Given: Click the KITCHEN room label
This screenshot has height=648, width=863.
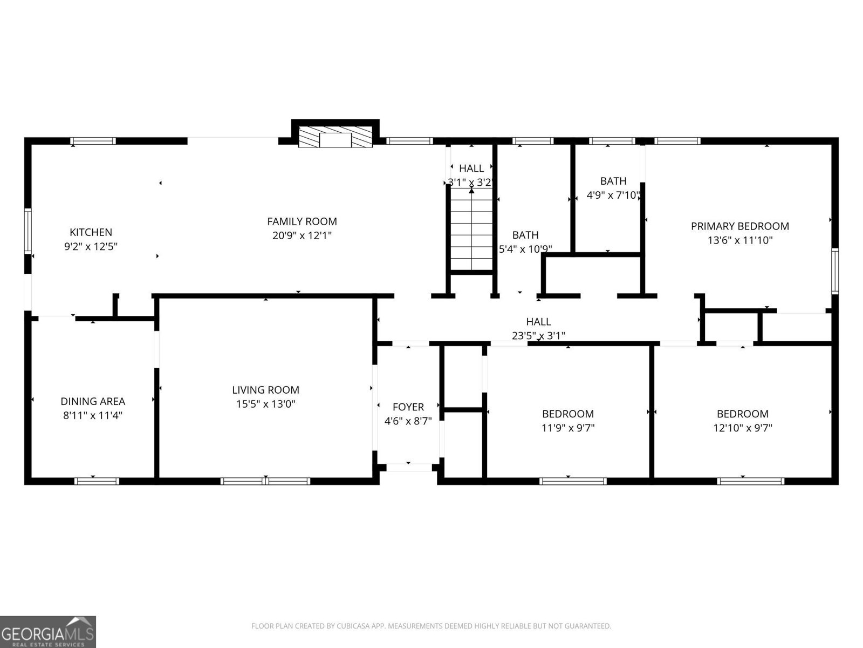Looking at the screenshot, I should pos(91,232).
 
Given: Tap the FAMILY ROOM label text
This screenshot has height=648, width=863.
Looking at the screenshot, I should pos(302,221).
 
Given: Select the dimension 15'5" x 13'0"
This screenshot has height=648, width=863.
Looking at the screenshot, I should pos(265,404).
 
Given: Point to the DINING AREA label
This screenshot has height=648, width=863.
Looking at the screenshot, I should pos(93,401).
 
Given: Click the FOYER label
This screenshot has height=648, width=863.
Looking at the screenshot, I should pos(408,407).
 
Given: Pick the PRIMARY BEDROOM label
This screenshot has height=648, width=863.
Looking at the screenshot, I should pos(740,226).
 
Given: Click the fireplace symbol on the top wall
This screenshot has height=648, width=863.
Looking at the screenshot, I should pos(335,138).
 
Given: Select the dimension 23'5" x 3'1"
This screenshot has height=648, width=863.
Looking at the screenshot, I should pos(538,336).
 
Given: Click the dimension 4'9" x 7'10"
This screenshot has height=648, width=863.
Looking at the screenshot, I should pos(613,195).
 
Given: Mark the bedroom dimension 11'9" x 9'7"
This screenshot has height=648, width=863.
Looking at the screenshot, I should pos(568,428).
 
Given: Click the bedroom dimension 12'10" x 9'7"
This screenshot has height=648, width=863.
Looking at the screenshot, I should pos(743,428).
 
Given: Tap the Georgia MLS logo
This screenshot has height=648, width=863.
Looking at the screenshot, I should pos(48,631).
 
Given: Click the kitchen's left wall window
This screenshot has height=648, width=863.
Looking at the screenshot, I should pos(28,232).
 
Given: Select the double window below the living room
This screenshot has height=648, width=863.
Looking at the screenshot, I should pos(265,481).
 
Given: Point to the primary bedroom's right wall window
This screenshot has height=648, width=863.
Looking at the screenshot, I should pos(835,271).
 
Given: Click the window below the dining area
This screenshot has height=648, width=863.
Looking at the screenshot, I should pos(97,481).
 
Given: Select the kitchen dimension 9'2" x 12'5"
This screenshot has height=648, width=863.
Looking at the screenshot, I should pos(91,247).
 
